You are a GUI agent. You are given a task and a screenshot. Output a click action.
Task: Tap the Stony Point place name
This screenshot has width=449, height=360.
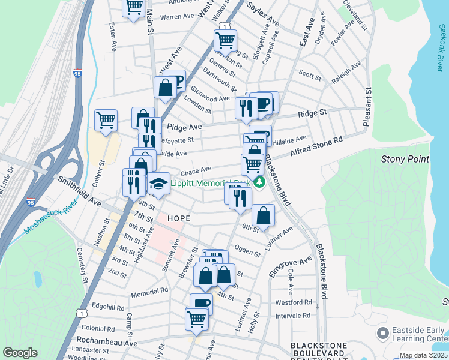405,159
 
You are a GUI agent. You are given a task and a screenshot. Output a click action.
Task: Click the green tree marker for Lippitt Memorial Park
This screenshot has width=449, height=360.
259,181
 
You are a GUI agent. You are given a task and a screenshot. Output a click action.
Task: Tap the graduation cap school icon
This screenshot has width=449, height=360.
158,183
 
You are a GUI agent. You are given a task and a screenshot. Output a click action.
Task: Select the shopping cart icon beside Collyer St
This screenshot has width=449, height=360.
106,119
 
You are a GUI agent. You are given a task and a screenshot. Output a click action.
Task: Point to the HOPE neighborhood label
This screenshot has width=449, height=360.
179,218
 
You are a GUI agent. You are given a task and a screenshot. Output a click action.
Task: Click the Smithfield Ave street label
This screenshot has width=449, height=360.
80,191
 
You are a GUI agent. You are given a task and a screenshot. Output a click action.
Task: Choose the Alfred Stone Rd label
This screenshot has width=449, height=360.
316,147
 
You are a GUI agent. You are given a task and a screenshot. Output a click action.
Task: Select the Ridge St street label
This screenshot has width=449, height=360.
313,112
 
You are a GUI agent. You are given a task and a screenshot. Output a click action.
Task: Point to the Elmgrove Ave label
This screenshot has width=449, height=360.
290,266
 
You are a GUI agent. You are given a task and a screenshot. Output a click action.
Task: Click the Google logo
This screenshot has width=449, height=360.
20,352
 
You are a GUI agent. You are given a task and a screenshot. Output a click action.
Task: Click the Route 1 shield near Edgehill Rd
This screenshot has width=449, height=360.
80,312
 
